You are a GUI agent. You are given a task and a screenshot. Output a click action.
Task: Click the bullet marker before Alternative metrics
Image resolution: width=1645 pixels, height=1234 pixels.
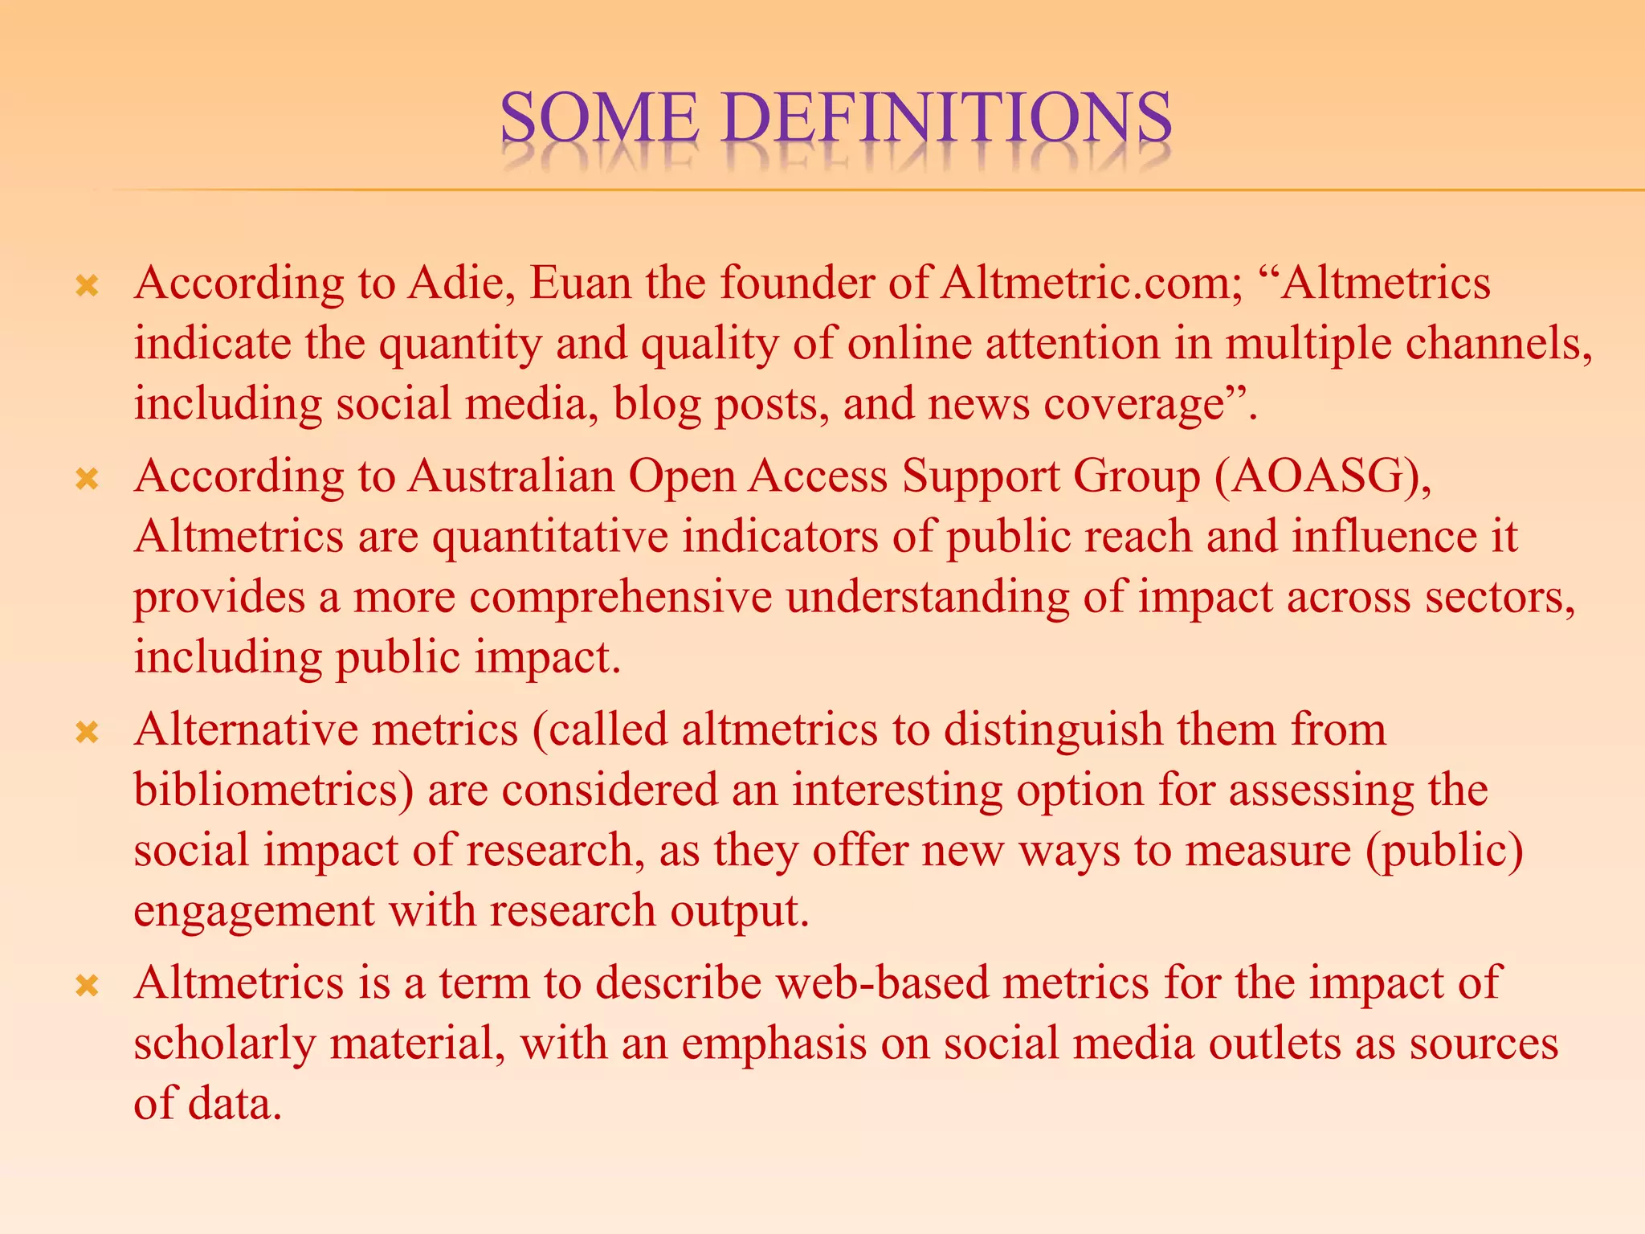click(87, 731)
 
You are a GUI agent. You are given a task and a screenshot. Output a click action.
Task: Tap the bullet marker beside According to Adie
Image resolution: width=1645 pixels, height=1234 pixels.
click(87, 285)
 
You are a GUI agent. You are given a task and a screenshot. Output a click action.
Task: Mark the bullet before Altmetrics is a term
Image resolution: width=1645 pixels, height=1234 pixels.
click(87, 985)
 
